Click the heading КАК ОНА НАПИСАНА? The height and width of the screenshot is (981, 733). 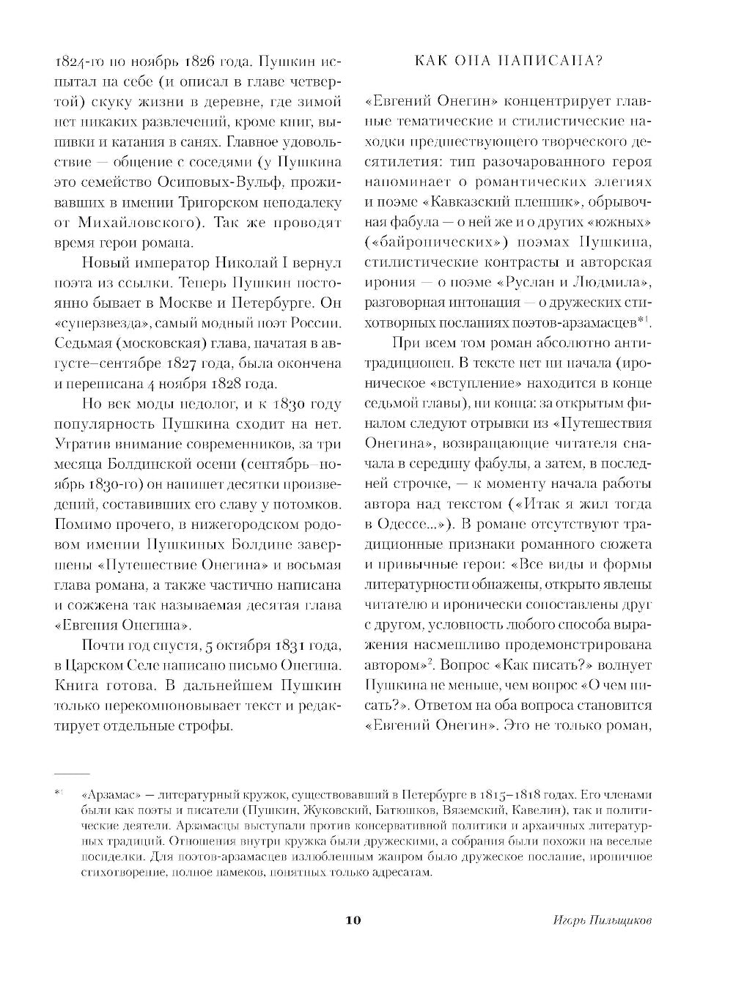[509, 61]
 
